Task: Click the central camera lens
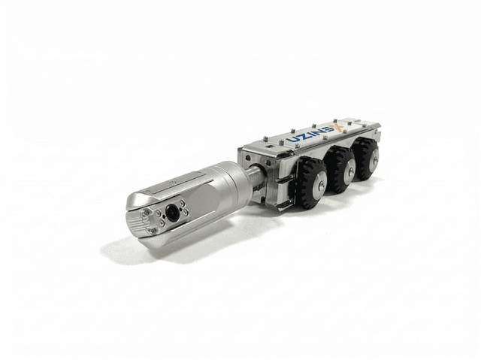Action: [173, 213]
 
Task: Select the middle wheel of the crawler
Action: [340, 170]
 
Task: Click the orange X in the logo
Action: [339, 128]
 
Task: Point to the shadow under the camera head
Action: [150, 252]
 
